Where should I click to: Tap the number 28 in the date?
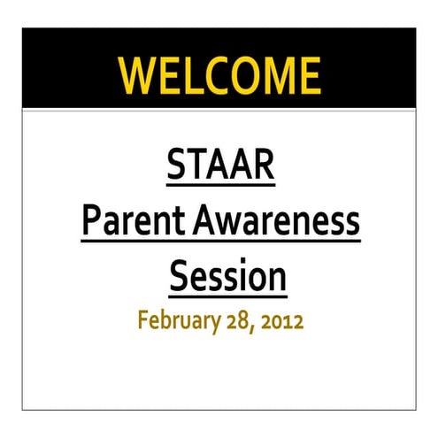coord(234,320)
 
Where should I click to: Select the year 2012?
coord(281,320)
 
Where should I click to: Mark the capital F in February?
coord(142,320)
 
